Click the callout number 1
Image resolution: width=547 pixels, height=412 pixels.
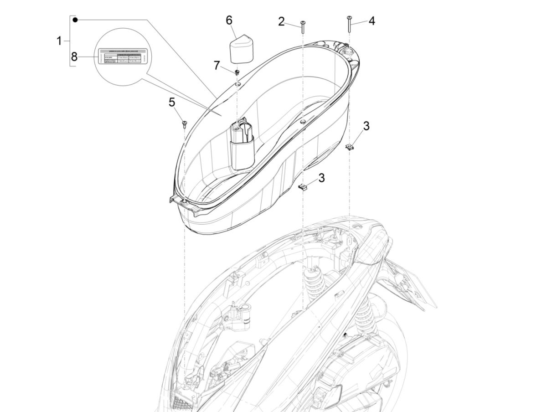point(59,41)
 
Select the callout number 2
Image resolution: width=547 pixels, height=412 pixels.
point(281,21)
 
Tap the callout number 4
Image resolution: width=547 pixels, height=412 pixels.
point(372,21)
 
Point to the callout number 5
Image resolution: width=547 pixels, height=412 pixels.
point(172,103)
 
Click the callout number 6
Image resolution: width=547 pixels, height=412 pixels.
point(229,20)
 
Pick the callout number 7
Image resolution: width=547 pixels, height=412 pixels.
point(217,65)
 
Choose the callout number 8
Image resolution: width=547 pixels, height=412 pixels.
point(74,57)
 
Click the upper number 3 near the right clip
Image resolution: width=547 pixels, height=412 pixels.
point(366,126)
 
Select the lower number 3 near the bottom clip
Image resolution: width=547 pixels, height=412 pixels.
point(321,178)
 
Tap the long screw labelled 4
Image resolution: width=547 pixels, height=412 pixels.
point(349,23)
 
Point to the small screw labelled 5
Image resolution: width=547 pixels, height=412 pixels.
point(185,124)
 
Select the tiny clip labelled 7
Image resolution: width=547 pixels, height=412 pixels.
point(237,72)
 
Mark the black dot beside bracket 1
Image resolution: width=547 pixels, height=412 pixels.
point(76,20)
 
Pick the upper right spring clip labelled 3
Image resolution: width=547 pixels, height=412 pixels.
point(349,146)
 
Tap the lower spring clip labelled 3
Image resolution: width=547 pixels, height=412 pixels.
point(303,187)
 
